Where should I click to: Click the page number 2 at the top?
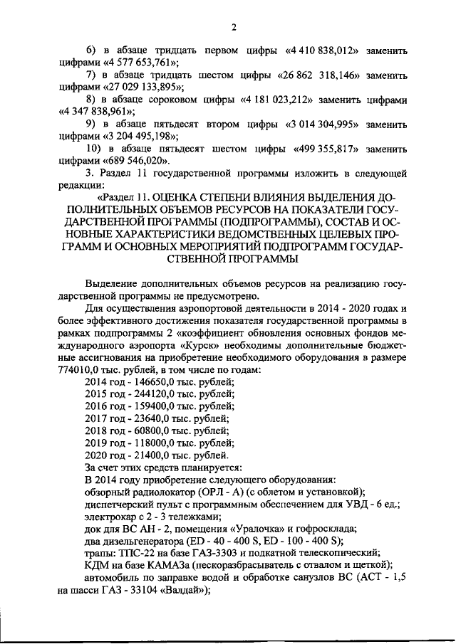tap(233, 28)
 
